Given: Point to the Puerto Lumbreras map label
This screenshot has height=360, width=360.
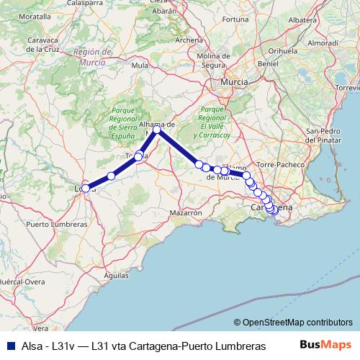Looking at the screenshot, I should tap(55, 225).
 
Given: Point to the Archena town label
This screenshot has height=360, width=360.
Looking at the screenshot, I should tap(189, 40).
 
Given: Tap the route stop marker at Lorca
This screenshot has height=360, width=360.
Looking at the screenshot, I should tap(86, 189).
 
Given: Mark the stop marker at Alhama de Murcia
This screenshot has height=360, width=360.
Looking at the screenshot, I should tap(156, 130).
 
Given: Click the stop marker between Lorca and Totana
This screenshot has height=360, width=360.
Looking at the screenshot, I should tap(111, 176).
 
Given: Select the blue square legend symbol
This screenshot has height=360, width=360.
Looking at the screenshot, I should tap(8, 346).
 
